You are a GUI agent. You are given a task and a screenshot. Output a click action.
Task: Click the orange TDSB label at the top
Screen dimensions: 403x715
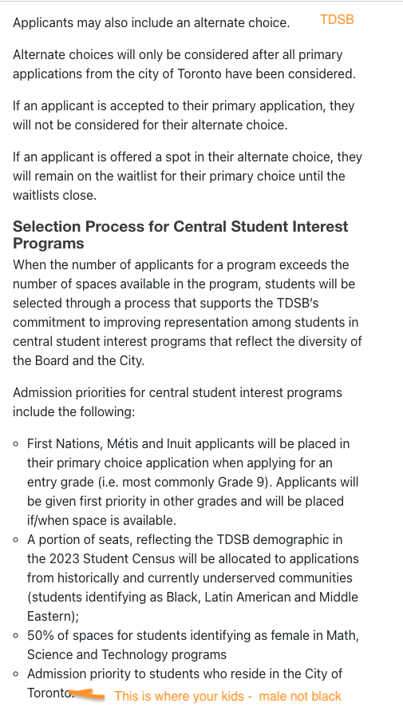337,19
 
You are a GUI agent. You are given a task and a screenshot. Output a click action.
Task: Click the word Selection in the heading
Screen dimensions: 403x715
46,227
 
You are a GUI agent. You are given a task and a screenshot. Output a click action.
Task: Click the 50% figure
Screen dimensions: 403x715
40,635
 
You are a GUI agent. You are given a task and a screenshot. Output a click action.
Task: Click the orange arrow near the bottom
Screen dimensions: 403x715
88,695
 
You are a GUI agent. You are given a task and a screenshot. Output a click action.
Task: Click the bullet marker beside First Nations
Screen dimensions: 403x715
17,443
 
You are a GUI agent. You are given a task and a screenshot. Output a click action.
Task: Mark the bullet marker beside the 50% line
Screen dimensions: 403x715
17,635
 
